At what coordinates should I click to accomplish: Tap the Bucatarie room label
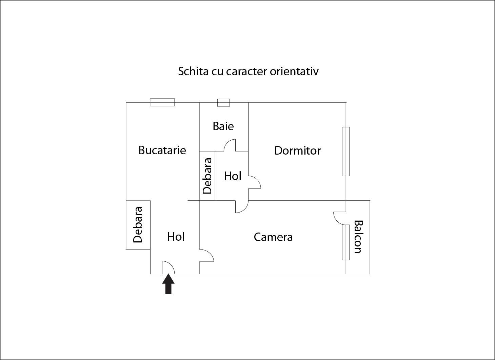(x=162, y=150)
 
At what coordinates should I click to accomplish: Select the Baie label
(x=223, y=126)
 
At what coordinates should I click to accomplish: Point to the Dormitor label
(x=297, y=151)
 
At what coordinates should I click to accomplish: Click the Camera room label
(x=273, y=237)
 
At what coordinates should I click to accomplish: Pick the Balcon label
(x=358, y=237)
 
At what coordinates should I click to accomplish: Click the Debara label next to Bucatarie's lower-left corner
(x=138, y=225)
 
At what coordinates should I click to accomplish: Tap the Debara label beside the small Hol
(x=207, y=176)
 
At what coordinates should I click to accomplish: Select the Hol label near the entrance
(x=176, y=237)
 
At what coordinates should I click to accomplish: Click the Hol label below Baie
(x=233, y=176)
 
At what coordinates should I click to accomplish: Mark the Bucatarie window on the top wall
(x=162, y=102)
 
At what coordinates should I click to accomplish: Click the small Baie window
(x=223, y=102)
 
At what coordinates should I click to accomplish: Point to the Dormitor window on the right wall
(x=345, y=151)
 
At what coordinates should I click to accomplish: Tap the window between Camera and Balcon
(x=345, y=242)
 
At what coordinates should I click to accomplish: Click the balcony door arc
(x=339, y=218)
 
